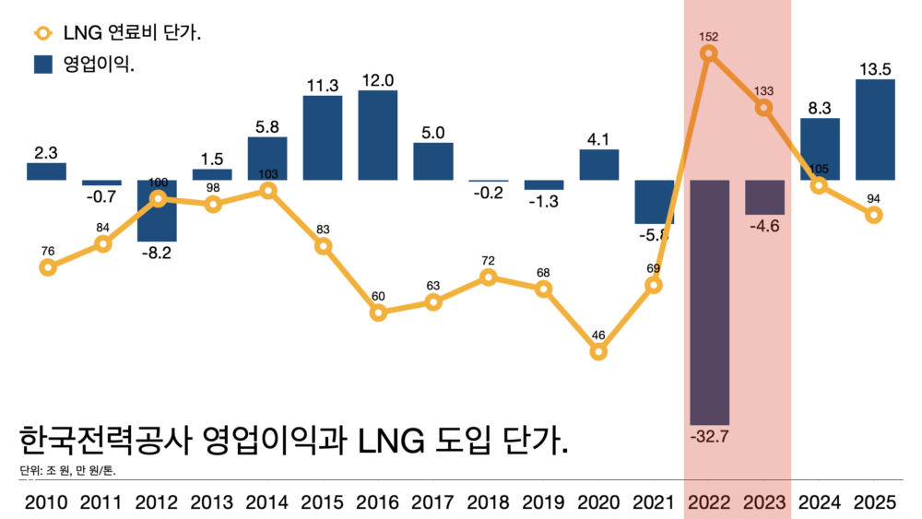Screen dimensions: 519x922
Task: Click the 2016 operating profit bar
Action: click(x=378, y=135)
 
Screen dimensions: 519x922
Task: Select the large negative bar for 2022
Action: click(x=709, y=301)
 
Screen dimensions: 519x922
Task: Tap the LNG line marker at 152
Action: click(x=709, y=53)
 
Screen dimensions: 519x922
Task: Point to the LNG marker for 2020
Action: click(x=598, y=351)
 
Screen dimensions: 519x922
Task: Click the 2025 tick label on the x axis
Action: click(x=875, y=502)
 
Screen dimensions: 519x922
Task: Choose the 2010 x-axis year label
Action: click(x=47, y=502)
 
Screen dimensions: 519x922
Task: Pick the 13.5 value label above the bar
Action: click(x=875, y=67)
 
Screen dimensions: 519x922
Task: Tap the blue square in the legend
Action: click(x=43, y=65)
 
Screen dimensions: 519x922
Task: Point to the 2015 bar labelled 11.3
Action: click(x=323, y=137)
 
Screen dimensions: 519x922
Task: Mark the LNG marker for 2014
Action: click(x=267, y=191)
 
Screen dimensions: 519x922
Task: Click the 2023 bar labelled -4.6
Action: click(x=764, y=197)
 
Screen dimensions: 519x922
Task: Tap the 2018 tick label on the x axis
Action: click(x=489, y=502)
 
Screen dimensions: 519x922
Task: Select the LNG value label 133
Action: click(x=764, y=91)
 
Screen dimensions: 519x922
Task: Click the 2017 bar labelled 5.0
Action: click(x=433, y=161)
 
